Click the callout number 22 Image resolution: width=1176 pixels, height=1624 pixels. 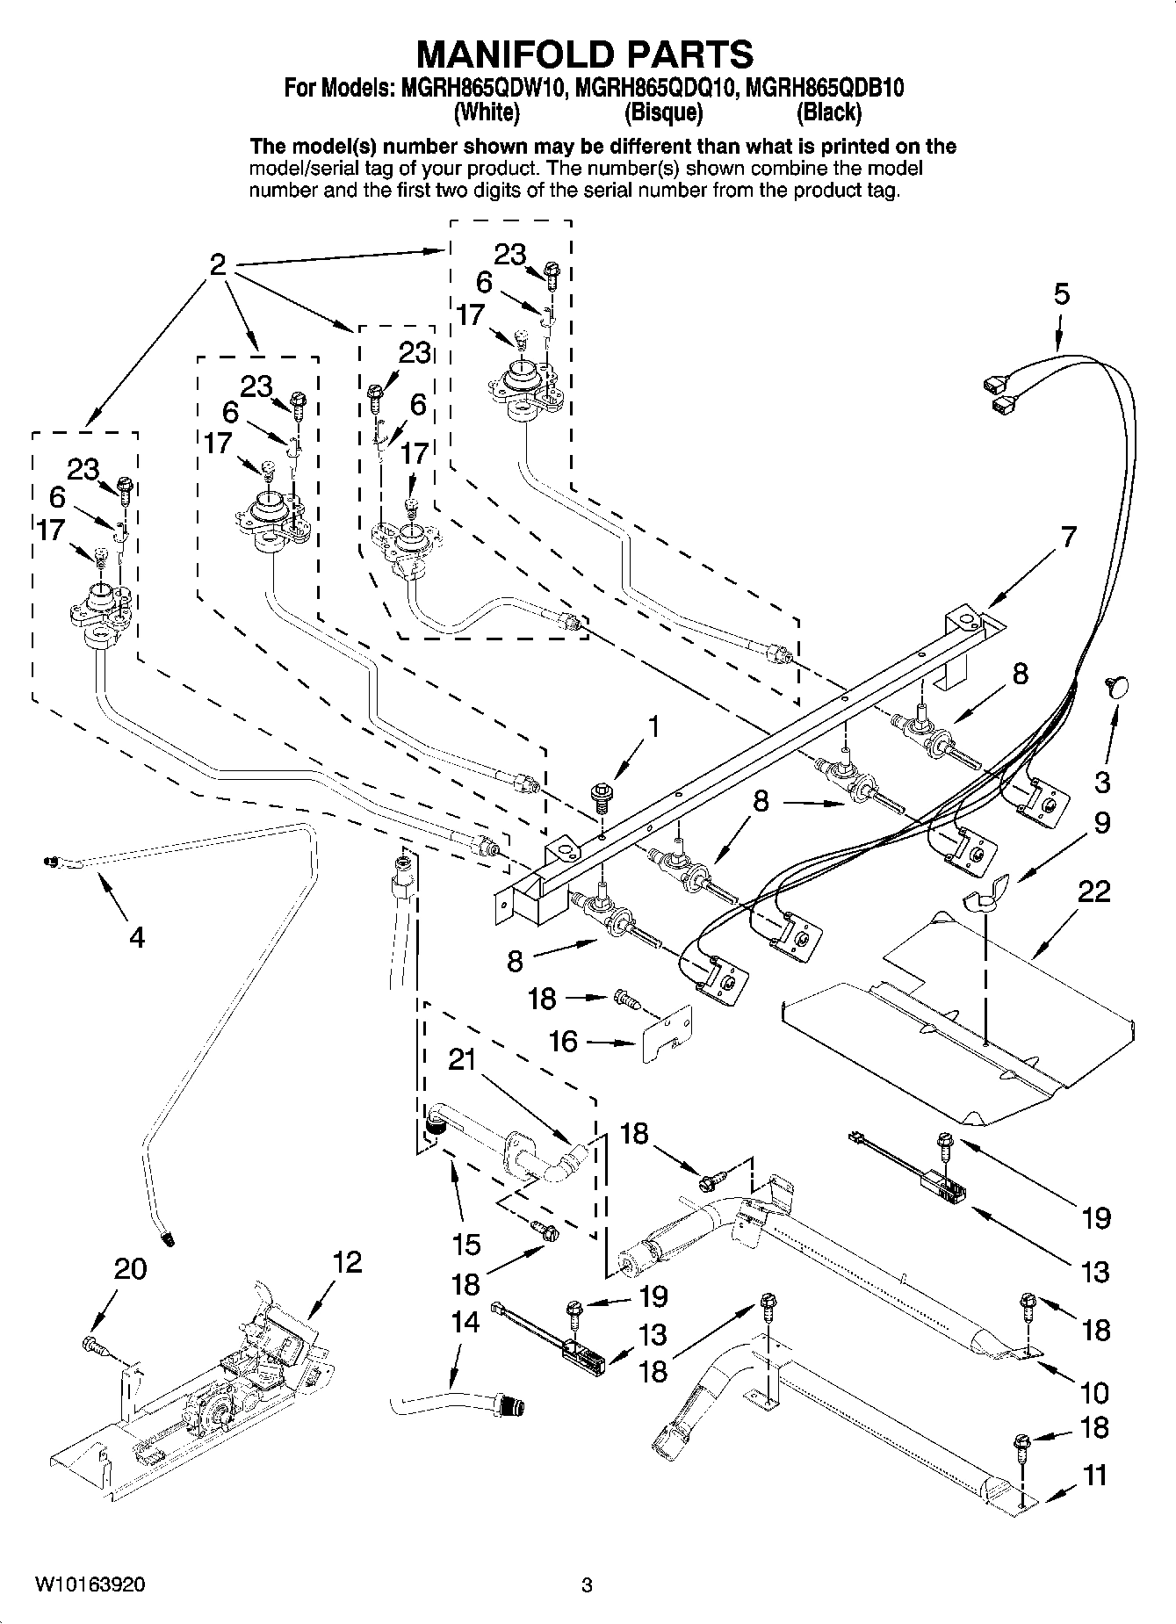pos(1094,892)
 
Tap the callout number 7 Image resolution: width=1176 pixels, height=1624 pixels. pos(1068,536)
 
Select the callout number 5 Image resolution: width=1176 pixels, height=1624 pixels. pos(1062,294)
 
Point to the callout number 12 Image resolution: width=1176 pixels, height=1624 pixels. pos(348,1262)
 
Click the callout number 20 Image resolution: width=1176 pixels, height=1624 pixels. pos(131,1268)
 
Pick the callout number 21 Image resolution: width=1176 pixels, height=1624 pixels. pos(462,1060)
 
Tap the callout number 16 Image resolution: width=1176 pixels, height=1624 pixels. pos(563,1042)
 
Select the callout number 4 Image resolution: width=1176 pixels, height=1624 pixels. pos(136,938)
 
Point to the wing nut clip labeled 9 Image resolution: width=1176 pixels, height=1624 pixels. pos(982,899)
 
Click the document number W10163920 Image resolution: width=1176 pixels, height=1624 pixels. pos(90,1584)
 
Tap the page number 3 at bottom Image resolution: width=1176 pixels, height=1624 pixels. pos(587,1585)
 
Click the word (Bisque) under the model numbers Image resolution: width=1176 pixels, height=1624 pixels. pos(663,112)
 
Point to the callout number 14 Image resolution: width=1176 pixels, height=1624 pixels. pos(465,1321)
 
